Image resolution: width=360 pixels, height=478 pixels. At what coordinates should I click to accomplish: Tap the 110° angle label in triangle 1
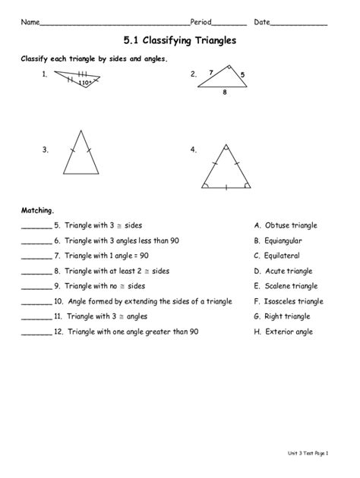[x=86, y=81]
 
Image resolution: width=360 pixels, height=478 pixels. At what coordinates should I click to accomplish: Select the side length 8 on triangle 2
[x=225, y=92]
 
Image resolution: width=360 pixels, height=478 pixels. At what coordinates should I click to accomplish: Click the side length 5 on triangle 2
[x=242, y=74]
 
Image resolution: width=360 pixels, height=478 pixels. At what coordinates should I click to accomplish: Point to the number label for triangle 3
[x=46, y=149]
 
